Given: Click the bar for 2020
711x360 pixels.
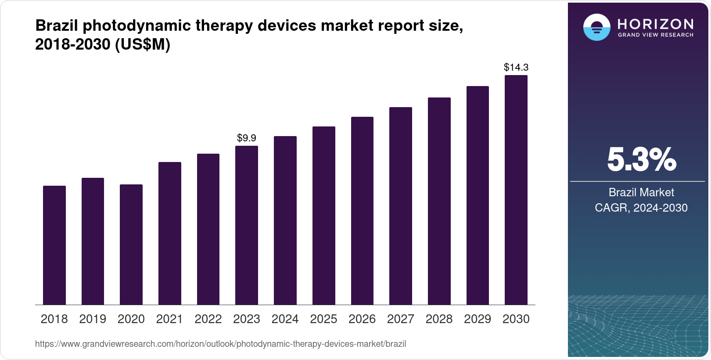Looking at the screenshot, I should point(131,245).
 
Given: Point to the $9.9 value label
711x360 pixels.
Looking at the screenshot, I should point(247,138).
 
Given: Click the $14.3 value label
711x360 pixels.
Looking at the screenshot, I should point(516,67).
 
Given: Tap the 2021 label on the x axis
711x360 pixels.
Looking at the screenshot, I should point(169,319).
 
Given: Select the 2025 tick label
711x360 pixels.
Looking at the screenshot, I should point(323,319).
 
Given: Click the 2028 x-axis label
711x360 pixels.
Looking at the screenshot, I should point(439,319).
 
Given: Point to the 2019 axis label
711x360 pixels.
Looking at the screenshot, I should point(93,319).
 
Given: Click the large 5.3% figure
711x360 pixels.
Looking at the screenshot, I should point(641,160).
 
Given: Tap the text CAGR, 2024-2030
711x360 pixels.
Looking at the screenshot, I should point(641,208).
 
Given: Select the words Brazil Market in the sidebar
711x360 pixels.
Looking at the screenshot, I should point(641,192).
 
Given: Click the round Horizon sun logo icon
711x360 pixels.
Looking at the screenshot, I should point(596,27).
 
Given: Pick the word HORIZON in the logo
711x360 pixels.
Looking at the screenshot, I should point(656,24).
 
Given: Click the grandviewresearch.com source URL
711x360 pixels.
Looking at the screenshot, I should point(220,344).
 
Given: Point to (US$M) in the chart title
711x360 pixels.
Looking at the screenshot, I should point(142,44).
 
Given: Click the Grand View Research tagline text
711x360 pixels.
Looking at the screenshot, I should point(656,35).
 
